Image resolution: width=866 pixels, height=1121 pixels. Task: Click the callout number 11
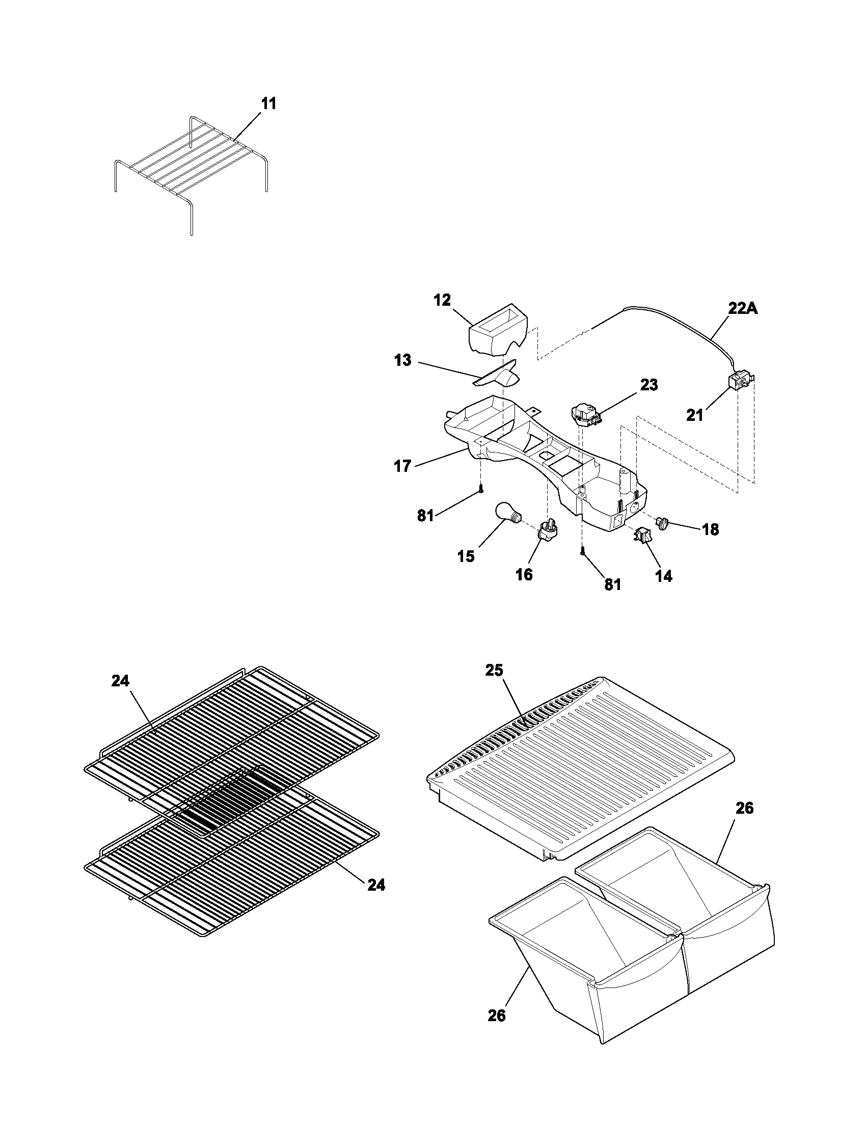(268, 103)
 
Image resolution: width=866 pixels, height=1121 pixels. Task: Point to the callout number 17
(402, 466)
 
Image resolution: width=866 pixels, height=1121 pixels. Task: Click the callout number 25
(495, 671)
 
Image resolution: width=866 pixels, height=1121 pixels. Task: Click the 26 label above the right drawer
(744, 808)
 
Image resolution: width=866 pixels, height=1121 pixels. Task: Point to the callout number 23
(649, 384)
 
